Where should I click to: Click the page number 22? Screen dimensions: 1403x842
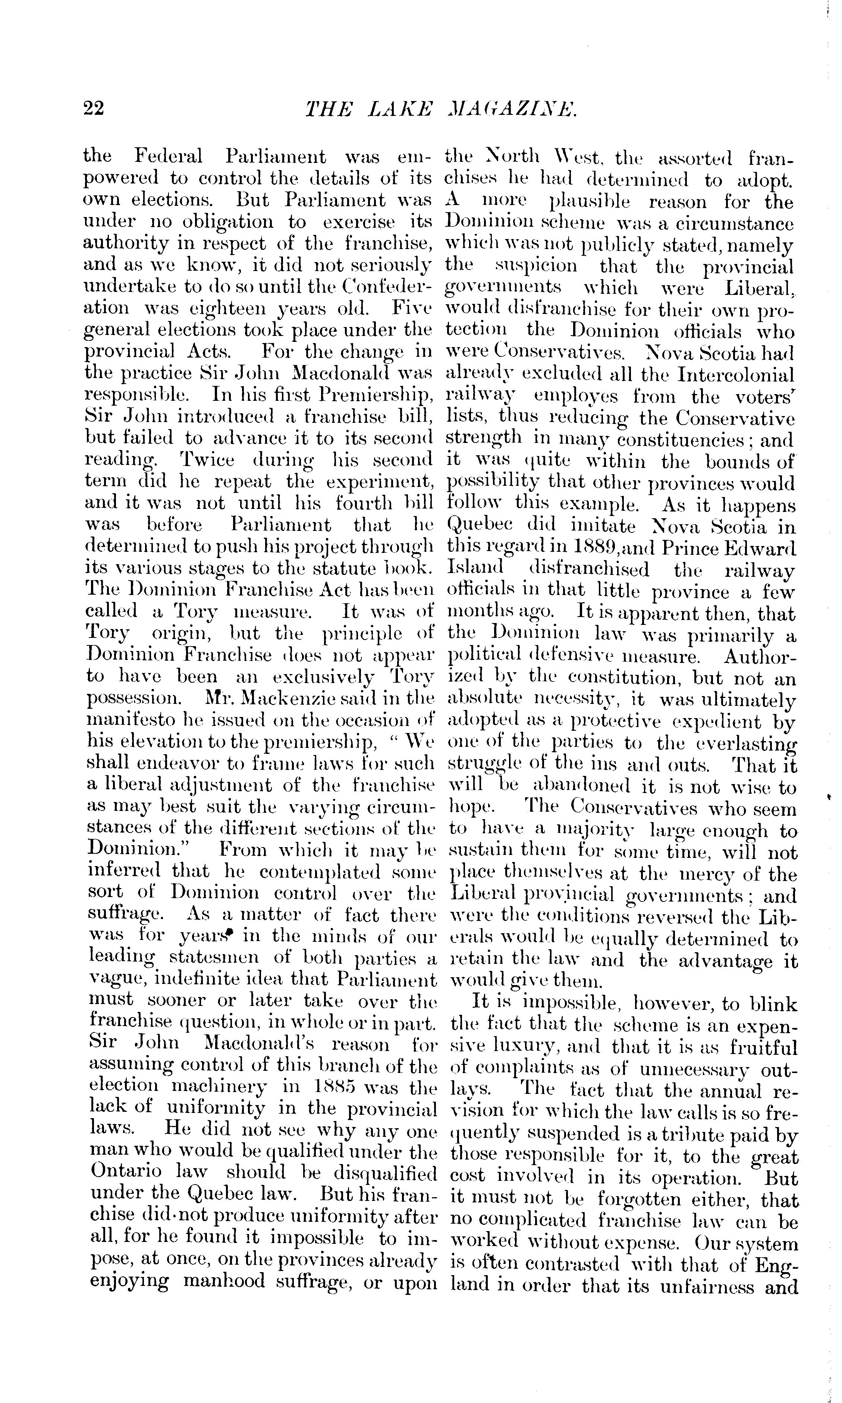point(94,107)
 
